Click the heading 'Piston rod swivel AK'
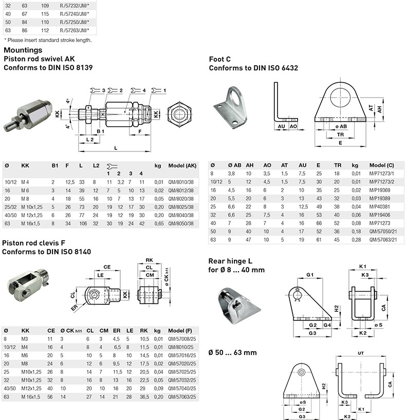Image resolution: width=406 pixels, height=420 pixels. click(39, 59)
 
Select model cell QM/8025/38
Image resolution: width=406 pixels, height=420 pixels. click(181, 207)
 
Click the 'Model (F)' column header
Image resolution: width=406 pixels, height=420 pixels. click(180, 331)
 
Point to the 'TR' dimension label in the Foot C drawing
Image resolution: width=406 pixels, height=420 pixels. click(340, 135)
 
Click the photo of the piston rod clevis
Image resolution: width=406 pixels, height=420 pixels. click(28, 285)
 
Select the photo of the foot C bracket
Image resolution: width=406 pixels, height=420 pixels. click(230, 107)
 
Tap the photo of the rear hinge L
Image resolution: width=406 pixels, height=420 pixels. click(238, 306)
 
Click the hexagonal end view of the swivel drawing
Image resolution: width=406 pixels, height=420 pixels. click(179, 114)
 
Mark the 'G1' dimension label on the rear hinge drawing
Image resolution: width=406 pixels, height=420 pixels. click(310, 275)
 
